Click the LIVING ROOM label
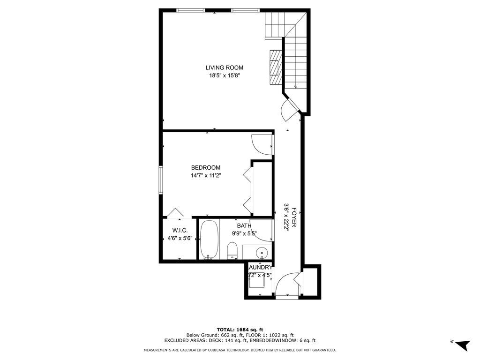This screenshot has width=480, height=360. pyautogui.click(x=224, y=67)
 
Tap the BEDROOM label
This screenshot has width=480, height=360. pyautogui.click(x=205, y=168)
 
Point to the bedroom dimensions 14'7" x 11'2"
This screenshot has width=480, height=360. pyautogui.click(x=205, y=176)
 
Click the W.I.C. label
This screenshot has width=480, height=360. pyautogui.click(x=180, y=230)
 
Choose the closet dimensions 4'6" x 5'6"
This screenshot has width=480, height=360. pyautogui.click(x=180, y=238)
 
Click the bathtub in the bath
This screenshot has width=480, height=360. pyautogui.click(x=209, y=239)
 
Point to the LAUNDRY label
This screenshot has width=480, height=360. pyautogui.click(x=259, y=268)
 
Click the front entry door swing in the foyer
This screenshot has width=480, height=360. pyautogui.click(x=285, y=285)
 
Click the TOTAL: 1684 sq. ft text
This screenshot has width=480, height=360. pyautogui.click(x=240, y=330)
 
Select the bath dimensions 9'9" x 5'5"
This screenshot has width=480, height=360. pyautogui.click(x=243, y=233)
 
